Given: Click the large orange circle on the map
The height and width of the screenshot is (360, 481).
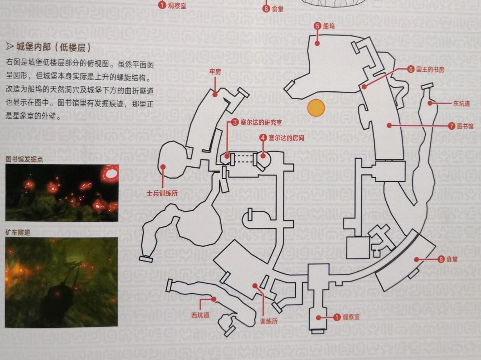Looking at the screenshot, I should (316, 108).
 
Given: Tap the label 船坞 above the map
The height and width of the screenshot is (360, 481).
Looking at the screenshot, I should (329, 26).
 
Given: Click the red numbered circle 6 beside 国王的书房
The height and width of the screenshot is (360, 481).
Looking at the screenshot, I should (411, 69).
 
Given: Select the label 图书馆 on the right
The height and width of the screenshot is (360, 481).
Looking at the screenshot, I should (465, 126).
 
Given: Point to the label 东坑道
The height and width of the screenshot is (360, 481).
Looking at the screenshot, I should (461, 103).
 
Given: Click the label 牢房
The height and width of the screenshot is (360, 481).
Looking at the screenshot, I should (215, 72).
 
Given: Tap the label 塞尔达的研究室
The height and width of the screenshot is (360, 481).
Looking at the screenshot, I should (261, 123).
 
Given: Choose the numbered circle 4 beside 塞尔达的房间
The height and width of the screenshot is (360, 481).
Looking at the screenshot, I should (263, 138).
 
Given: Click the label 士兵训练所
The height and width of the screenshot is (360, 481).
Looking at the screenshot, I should (162, 193).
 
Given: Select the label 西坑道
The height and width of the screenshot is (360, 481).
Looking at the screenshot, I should (200, 315).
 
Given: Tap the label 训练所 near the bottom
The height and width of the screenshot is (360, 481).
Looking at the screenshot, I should (269, 321).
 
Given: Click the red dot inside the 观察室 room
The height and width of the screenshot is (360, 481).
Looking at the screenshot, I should (318, 318).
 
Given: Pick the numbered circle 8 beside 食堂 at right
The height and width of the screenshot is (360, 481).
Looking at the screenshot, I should (441, 259).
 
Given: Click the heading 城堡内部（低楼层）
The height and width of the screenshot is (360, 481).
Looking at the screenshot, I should (53, 47).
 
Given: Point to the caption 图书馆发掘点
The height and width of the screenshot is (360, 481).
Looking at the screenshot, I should (24, 159).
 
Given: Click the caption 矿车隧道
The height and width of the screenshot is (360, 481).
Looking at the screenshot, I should (18, 232).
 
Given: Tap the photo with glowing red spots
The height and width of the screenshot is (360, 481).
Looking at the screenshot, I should (62, 193).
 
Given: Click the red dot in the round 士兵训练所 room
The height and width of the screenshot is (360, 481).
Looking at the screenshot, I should (163, 166).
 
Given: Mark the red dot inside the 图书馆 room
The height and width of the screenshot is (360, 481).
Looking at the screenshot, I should (389, 125).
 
